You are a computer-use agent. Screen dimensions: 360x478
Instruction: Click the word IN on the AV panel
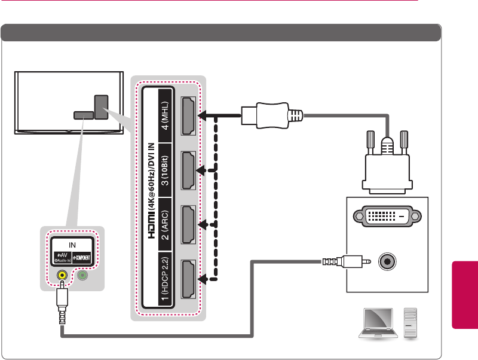(x=72, y=245)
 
